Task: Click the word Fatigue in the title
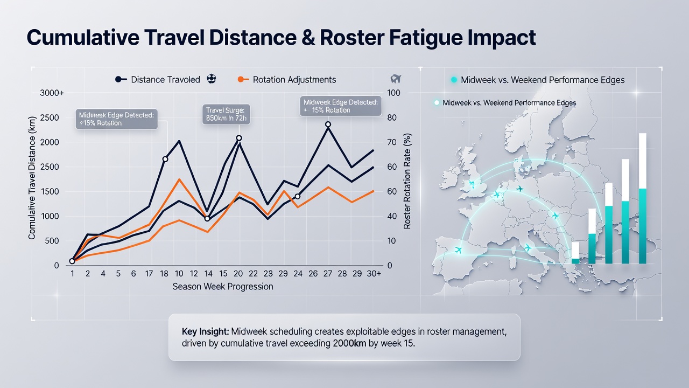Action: pos(426,38)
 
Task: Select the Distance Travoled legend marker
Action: pos(121,79)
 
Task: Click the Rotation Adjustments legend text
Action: pos(294,80)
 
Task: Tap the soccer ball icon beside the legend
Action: pos(212,79)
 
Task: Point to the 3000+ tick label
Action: pos(52,93)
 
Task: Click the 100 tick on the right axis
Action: pos(393,93)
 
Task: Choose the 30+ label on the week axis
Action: pos(374,273)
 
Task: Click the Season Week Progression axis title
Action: pos(223,287)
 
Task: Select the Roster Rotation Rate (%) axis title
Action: pos(407,181)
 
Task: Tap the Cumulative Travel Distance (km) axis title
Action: pos(32,178)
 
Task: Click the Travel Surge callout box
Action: pos(226,114)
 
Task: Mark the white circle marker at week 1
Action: pos(72,261)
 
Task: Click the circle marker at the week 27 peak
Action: pos(328,124)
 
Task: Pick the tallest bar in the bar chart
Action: pos(643,198)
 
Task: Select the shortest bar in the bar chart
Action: pos(575,253)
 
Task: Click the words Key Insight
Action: pos(205,331)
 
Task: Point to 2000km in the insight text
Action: pos(349,343)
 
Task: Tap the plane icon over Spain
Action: pos(458,250)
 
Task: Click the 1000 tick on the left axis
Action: pos(50,216)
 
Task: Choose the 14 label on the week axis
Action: pos(208,273)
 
